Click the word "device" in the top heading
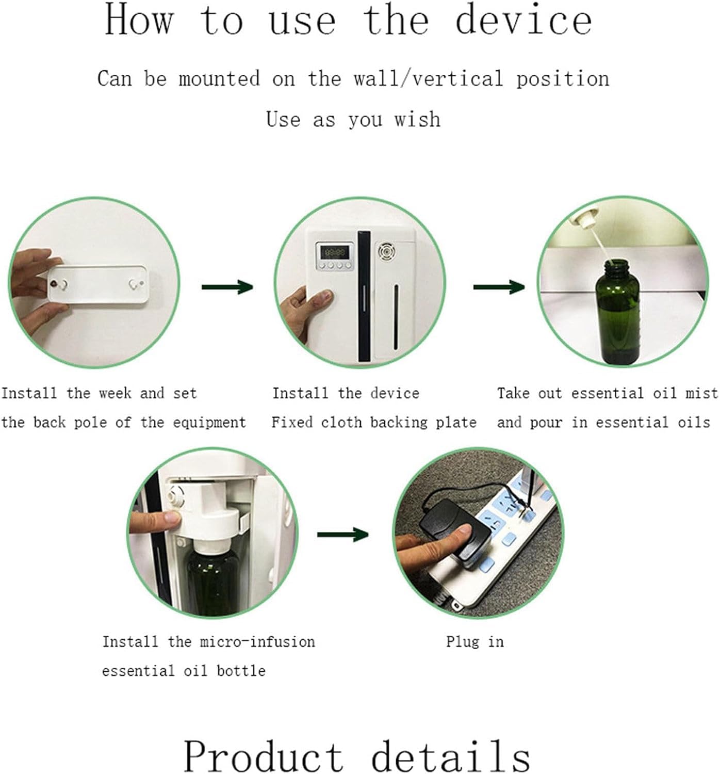(x=524, y=20)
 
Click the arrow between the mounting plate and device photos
(x=227, y=287)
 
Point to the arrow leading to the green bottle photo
(x=499, y=287)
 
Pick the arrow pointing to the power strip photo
(x=342, y=534)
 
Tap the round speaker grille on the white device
(x=386, y=252)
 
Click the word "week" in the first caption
(x=116, y=393)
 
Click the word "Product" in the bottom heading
(x=263, y=756)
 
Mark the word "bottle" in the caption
(x=241, y=671)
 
